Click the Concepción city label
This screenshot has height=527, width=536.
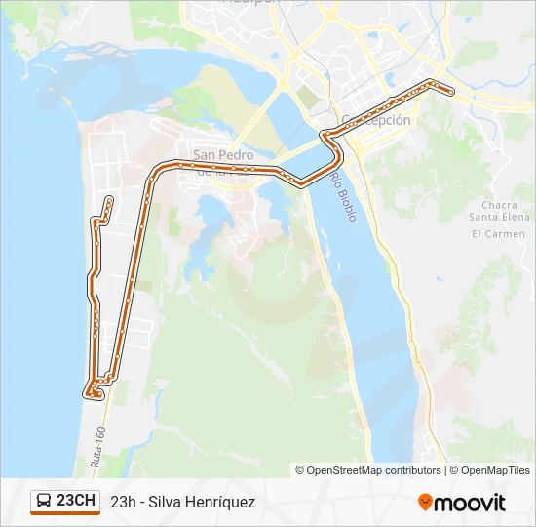pos(376,120)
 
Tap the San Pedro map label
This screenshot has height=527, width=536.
pos(223,155)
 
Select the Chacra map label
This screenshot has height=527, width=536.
pos(499,205)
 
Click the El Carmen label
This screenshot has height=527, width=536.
pos(498,234)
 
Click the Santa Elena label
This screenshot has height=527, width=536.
pos(498,217)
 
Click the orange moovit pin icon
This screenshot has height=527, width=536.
pos(426,503)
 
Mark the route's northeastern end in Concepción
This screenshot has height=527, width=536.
pos(451,92)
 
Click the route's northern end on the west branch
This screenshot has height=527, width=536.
pos(109,200)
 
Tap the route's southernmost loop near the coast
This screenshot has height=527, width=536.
pos(92,393)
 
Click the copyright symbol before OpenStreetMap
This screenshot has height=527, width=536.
pos(300,470)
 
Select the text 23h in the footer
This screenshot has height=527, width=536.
pos(123,502)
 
